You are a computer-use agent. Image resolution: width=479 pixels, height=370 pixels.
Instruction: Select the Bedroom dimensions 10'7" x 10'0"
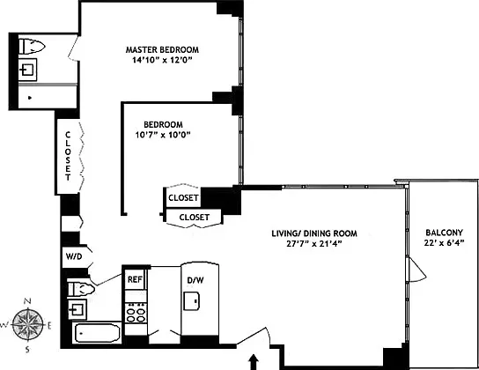163,135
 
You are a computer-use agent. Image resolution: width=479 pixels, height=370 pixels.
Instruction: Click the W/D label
74,256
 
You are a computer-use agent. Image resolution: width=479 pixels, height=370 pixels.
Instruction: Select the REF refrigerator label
135,279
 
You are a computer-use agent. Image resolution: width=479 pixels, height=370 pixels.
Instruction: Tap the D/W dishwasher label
195,281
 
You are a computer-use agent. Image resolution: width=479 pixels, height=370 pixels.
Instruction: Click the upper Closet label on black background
183,197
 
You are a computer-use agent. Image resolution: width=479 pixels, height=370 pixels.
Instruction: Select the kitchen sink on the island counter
191,300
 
